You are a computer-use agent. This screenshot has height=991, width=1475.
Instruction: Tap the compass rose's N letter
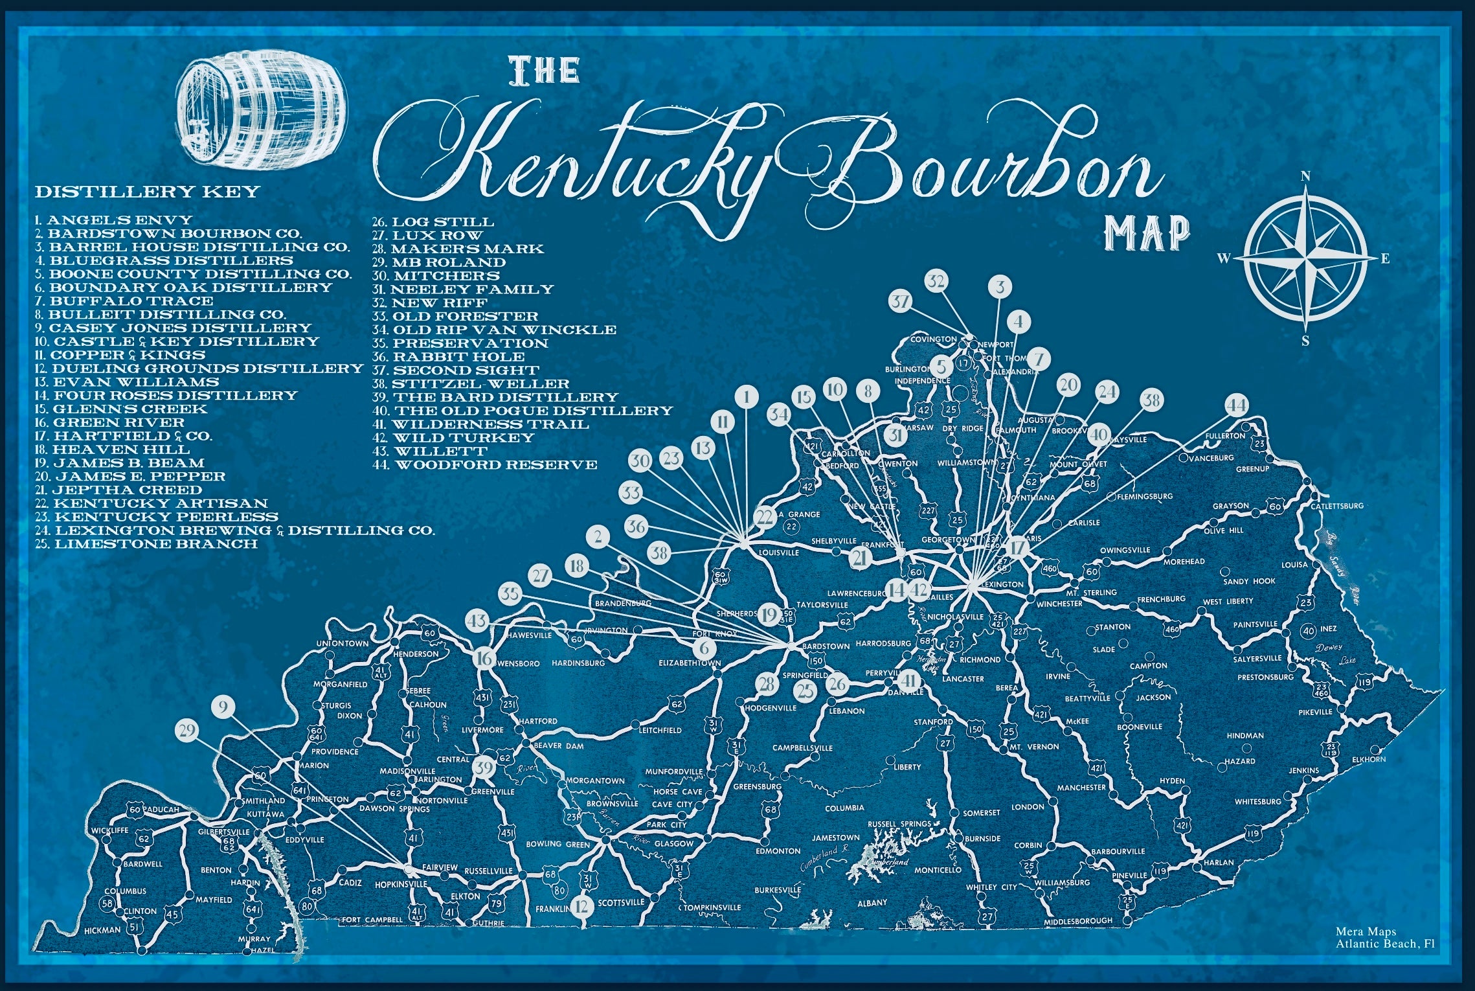(1306, 176)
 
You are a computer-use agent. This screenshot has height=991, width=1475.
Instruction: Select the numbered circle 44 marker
(1237, 406)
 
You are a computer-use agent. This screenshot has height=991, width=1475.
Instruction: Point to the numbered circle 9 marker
(223, 707)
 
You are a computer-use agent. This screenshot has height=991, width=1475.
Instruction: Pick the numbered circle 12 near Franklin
(581, 906)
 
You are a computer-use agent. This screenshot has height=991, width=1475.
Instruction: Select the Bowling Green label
(557, 844)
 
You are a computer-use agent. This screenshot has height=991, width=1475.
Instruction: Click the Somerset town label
(982, 813)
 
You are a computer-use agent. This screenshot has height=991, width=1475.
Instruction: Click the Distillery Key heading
(147, 192)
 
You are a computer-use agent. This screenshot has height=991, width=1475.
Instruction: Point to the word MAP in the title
(1147, 233)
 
